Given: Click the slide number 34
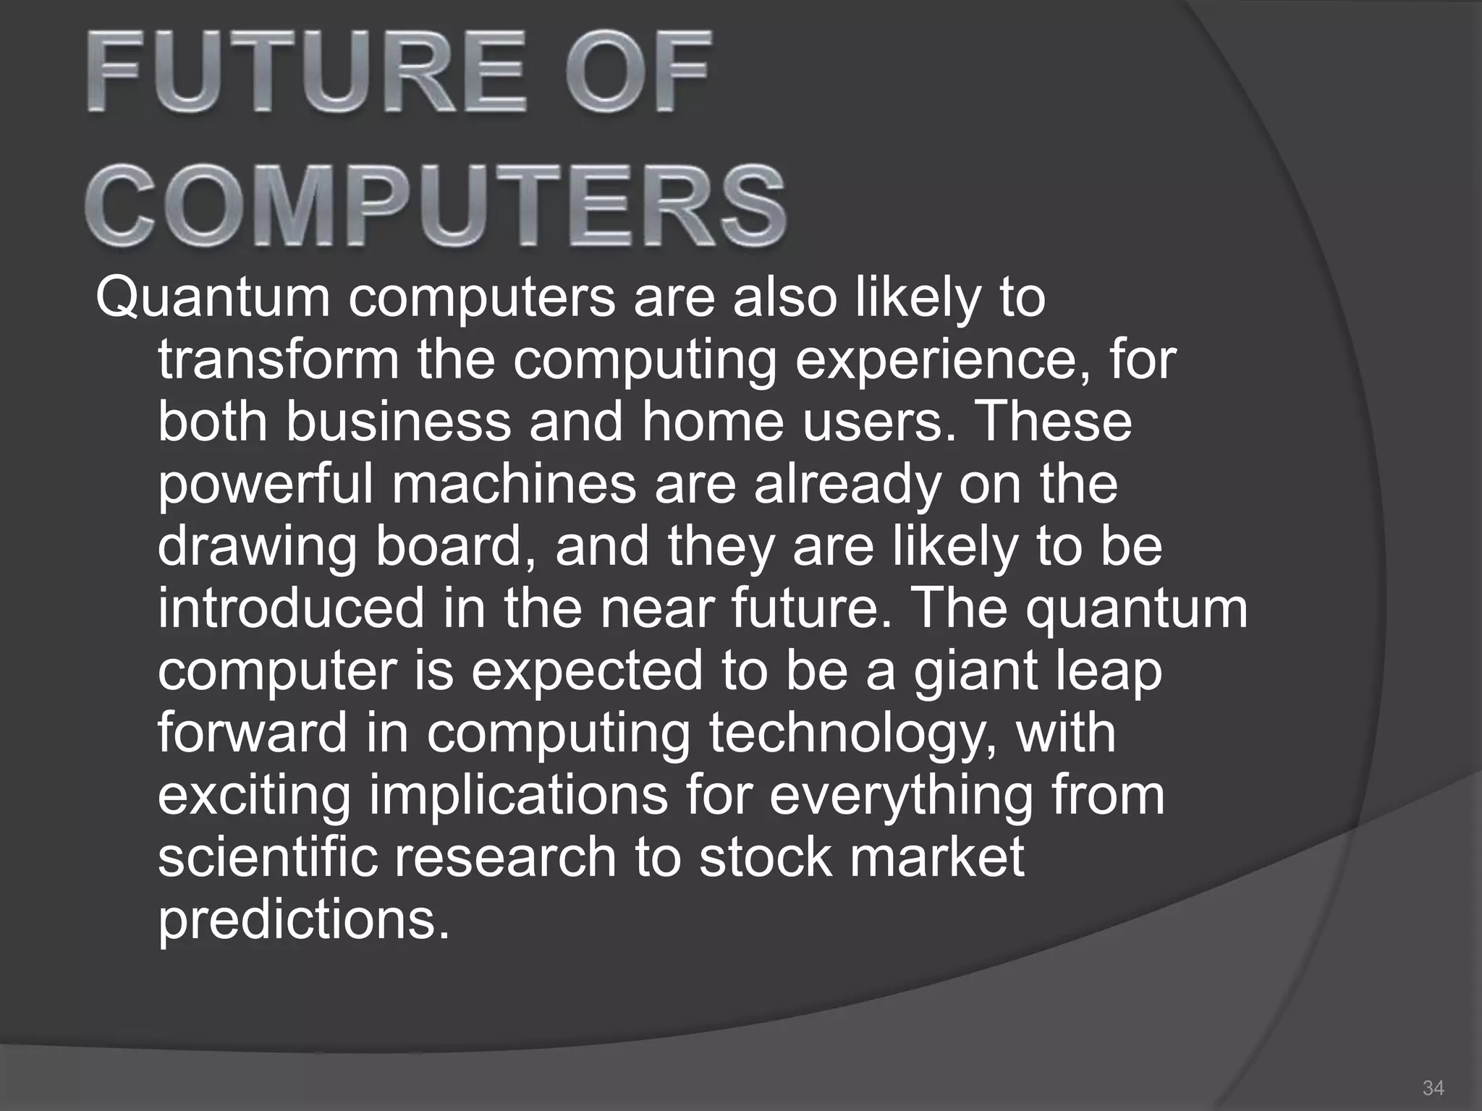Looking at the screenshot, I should click(1433, 1087).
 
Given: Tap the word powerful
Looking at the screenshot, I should click(266, 486).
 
